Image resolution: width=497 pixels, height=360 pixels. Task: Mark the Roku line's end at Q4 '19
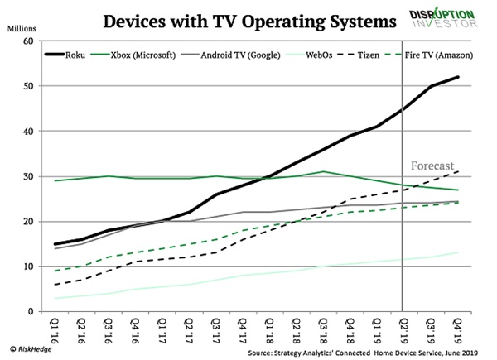coord(458,78)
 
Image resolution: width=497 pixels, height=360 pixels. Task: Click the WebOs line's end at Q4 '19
coord(458,253)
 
